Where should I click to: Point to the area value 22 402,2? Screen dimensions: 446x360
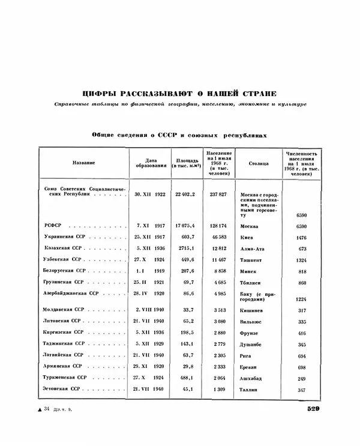pos(185,194)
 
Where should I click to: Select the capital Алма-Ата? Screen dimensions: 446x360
pos(253,249)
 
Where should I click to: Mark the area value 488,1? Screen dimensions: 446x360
pos(187,378)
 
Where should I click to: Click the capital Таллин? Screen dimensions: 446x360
pos(250,390)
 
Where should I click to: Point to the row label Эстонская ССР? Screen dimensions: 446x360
pos(62,390)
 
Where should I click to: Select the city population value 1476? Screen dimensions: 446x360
pos(301,237)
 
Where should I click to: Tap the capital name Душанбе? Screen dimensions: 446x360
pos(252,344)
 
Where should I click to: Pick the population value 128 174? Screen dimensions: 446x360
pos(218,226)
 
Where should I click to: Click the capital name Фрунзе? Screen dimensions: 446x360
pos(251,333)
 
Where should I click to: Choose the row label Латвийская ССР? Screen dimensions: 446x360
pos(64,355)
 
